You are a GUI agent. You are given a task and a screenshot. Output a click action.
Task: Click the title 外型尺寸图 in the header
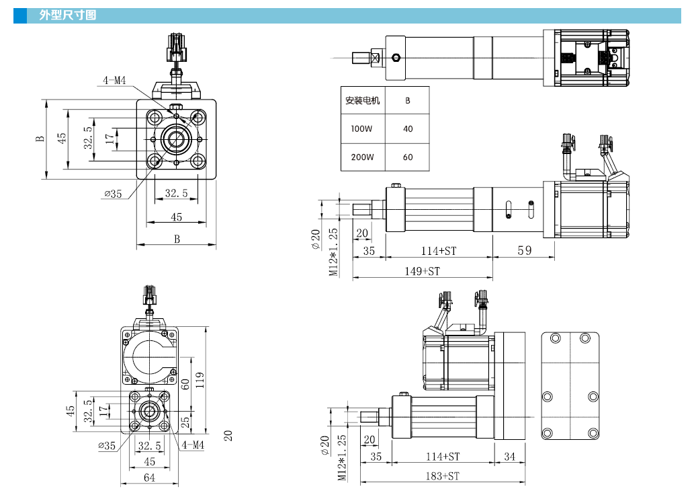pyautogui.click(x=67, y=15)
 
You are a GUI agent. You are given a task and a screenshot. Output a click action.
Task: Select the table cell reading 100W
pyautogui.click(x=361, y=129)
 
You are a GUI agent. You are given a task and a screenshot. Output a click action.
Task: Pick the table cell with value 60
pyautogui.click(x=408, y=157)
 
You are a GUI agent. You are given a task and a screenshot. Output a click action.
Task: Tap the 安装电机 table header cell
pyautogui.click(x=362, y=101)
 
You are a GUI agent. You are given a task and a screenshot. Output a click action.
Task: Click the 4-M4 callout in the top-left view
pyautogui.click(x=114, y=81)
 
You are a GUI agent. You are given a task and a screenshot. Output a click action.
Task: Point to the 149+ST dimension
pyautogui.click(x=421, y=271)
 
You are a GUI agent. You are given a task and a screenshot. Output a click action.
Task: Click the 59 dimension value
pyautogui.click(x=524, y=250)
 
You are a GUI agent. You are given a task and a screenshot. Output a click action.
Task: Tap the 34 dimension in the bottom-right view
pyautogui.click(x=509, y=457)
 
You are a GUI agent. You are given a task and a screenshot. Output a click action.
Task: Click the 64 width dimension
pyautogui.click(x=149, y=478)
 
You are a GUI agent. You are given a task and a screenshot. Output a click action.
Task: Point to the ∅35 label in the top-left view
pyautogui.click(x=112, y=194)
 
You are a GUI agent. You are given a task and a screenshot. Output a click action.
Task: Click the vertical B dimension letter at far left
pyautogui.click(x=40, y=139)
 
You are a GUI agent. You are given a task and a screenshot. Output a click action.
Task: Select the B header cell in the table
pyautogui.click(x=408, y=101)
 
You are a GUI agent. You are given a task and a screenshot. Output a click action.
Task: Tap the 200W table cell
pyautogui.click(x=361, y=157)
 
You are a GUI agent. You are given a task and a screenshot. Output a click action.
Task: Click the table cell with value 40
pyautogui.click(x=408, y=129)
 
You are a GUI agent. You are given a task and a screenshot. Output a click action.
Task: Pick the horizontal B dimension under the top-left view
pyautogui.click(x=177, y=239)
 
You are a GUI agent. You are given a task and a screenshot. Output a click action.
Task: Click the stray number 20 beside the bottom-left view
pyautogui.click(x=228, y=435)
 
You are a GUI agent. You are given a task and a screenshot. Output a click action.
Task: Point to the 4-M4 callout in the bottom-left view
pyautogui.click(x=192, y=445)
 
